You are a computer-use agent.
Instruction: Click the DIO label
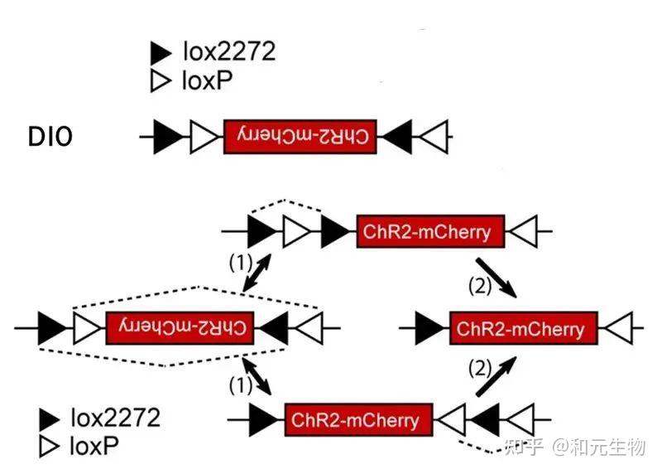[50, 137]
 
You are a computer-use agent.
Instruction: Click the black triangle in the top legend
[161, 54]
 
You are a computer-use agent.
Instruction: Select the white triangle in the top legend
[161, 81]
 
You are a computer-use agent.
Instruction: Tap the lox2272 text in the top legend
[229, 53]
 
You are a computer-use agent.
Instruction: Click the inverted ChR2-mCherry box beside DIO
[300, 137]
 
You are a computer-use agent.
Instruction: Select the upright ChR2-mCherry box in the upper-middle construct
[425, 231]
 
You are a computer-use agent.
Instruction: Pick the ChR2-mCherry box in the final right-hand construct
[522, 329]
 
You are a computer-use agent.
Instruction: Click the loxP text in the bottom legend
[94, 447]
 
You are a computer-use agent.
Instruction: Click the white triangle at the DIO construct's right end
[436, 137]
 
